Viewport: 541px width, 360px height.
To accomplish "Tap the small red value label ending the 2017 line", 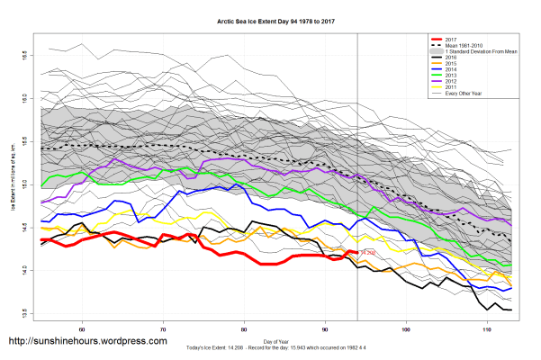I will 367,253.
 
